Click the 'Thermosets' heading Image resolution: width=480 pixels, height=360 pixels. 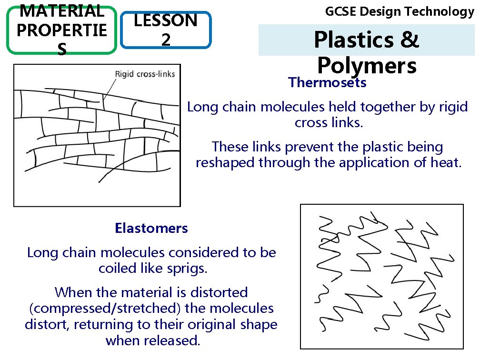327,83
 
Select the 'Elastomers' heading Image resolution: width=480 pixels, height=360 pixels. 151,229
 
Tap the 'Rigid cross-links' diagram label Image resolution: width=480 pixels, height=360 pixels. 145,74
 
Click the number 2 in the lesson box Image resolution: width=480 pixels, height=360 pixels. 166,40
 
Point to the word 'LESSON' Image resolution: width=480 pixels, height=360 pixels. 166,20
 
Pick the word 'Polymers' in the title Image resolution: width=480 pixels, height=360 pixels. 367,65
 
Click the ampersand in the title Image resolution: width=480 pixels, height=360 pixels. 409,40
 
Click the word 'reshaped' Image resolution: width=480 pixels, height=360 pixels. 225,163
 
